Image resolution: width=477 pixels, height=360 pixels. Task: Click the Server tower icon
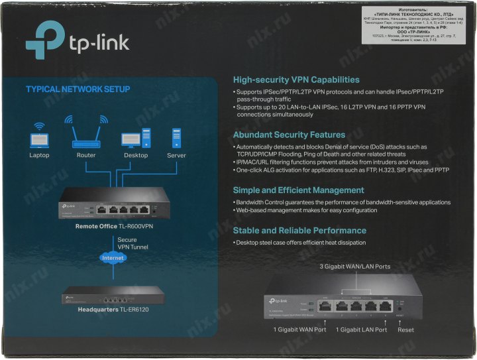pos(176,138)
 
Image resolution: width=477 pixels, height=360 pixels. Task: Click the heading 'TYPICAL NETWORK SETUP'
pos(78,89)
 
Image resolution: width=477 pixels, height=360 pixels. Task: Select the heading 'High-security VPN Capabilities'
pos(296,80)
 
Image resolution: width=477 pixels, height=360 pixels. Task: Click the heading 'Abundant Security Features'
pos(289,134)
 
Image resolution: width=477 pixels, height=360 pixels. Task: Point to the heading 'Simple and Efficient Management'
pos(299,190)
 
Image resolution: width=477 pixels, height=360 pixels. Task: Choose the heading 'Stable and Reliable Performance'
pos(299,231)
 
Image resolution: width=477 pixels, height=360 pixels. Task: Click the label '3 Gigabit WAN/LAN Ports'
pos(354,267)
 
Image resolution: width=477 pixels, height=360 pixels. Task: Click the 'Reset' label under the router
pos(406,330)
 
